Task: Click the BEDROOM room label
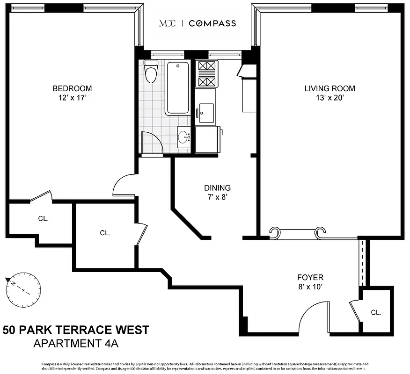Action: [72, 88]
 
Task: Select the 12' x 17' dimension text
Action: [72, 98]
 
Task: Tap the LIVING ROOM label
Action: [329, 88]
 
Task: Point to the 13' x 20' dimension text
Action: [329, 98]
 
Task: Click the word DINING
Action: [217, 188]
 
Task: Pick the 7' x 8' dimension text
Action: [217, 197]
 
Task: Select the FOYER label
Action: [310, 277]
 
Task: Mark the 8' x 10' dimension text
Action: [310, 287]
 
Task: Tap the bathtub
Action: [177, 87]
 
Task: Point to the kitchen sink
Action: [206, 113]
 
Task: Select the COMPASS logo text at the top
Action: [212, 23]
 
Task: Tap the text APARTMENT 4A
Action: [76, 345]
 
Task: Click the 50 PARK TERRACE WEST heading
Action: [76, 330]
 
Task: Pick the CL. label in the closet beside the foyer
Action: [376, 313]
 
